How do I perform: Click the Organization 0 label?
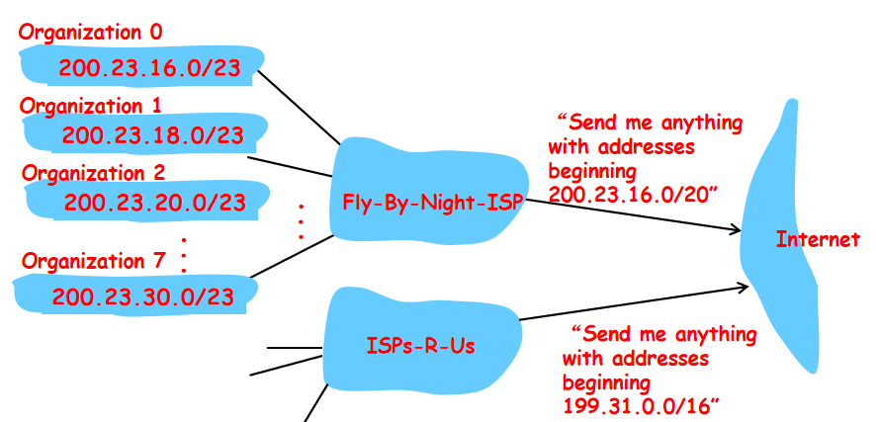91,33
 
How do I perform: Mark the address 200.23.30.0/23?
142,295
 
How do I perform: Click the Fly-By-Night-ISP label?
431,204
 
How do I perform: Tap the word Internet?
818,239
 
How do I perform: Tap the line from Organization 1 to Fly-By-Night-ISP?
292,165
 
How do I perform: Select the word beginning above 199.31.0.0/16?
606,381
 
